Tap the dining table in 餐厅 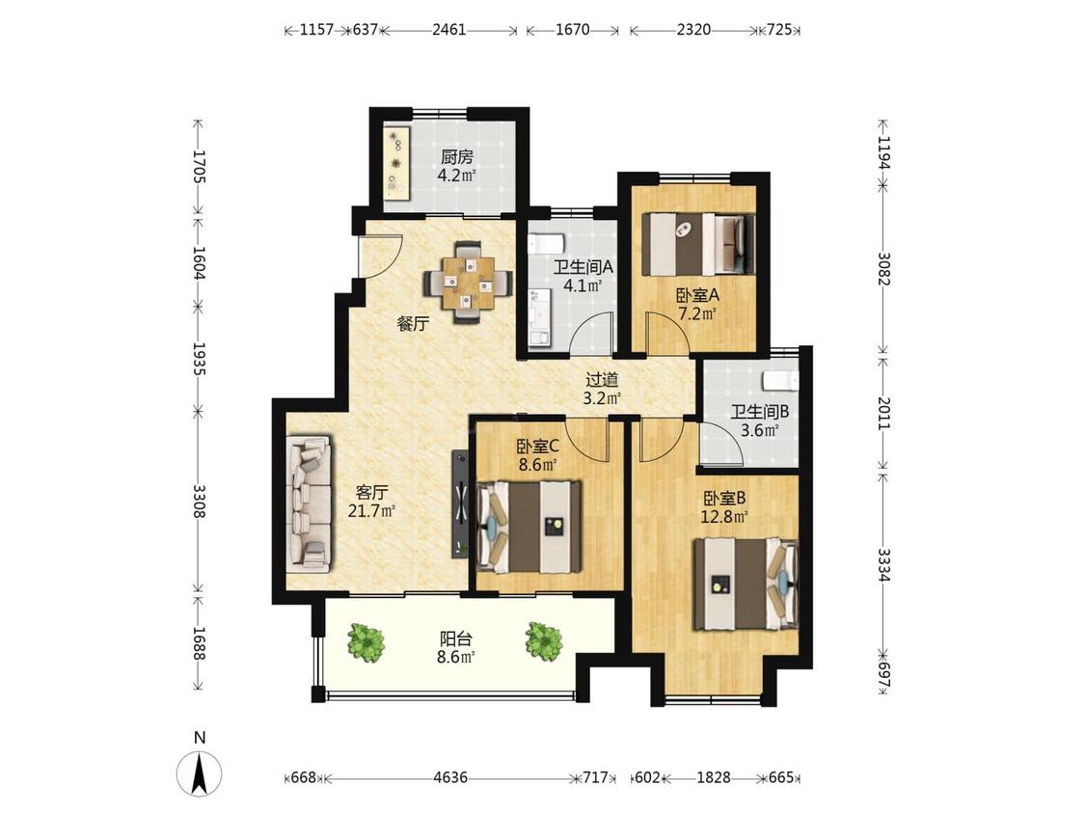[x=469, y=283]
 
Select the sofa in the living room [x=310, y=502]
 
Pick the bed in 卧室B [x=746, y=583]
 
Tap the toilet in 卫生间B [x=780, y=382]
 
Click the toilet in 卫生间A [x=547, y=244]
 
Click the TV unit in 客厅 [x=460, y=503]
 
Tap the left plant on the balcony [x=366, y=641]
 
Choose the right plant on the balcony [x=543, y=640]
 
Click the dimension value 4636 [x=450, y=777]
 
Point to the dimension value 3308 [x=200, y=502]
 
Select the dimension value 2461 [x=449, y=30]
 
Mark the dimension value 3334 [x=883, y=565]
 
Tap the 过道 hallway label [x=602, y=380]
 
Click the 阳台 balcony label [x=456, y=638]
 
